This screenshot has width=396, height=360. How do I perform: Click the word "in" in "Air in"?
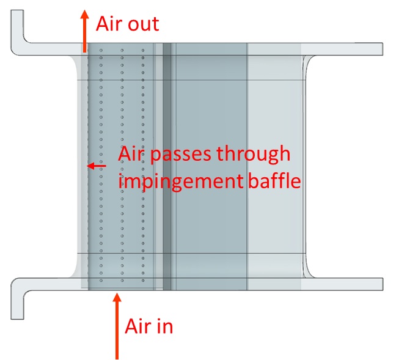click(x=164, y=326)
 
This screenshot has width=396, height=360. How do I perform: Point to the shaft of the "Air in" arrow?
click(x=117, y=330)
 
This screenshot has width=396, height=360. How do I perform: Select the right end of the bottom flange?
click(x=380, y=284)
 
